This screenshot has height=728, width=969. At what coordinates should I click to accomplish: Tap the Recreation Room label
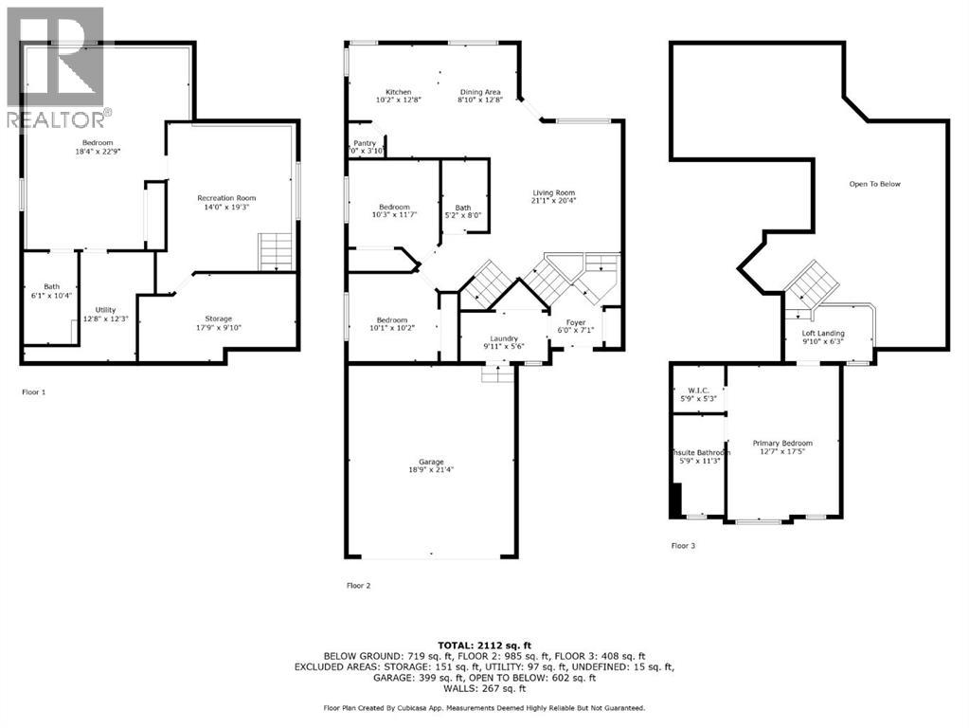226,198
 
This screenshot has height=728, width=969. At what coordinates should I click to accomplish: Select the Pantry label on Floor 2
364,143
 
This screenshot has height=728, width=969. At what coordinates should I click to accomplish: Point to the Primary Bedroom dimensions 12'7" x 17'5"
782,452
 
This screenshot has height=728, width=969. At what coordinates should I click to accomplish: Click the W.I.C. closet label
697,391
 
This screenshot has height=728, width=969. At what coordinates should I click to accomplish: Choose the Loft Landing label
822,334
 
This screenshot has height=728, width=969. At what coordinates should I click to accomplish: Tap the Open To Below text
874,184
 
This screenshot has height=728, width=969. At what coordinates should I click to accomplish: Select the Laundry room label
503,338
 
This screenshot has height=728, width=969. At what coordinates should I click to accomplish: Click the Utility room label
105,309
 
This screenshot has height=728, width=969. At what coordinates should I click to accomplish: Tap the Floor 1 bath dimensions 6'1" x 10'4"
51,297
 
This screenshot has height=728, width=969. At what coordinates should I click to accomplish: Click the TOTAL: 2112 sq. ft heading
484,645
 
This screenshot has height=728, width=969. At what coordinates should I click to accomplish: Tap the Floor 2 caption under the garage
358,586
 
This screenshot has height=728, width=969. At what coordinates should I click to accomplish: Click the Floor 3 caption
683,546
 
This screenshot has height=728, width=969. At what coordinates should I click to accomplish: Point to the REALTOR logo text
58,119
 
